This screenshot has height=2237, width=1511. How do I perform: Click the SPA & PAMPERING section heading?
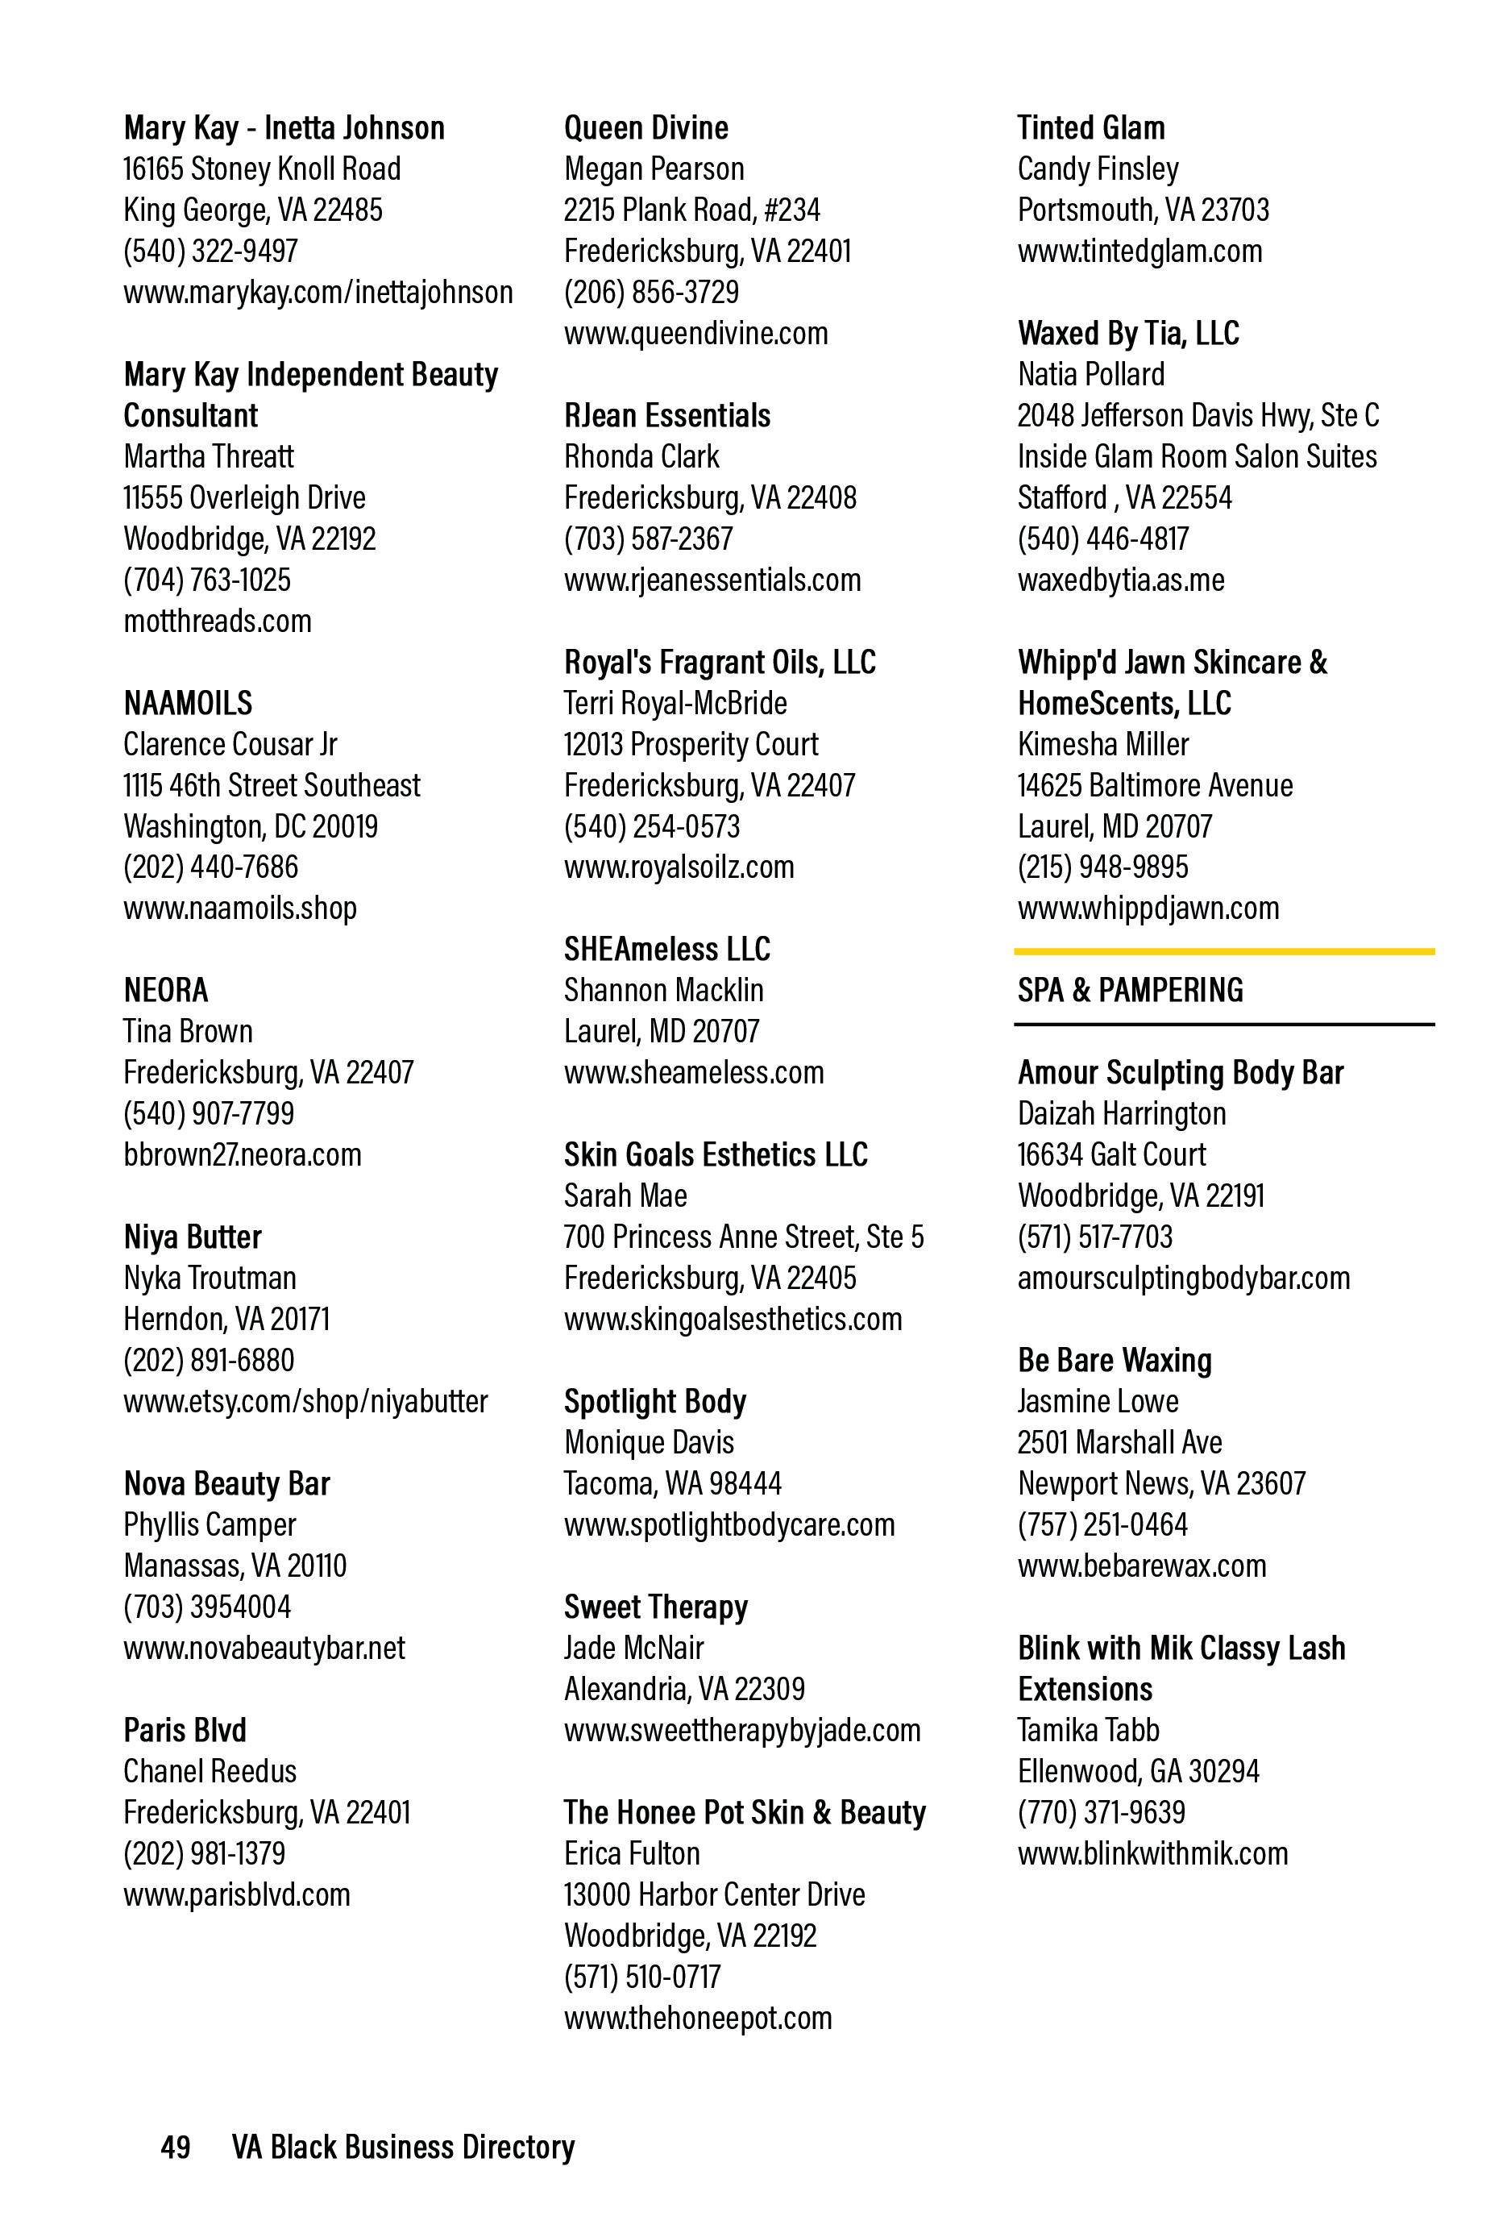[x=1130, y=991]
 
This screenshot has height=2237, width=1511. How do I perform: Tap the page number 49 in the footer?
[x=175, y=2147]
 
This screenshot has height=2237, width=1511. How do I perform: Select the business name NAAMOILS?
[x=188, y=704]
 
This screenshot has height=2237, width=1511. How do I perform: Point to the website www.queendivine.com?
[x=695, y=334]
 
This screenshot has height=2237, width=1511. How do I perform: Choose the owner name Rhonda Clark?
[x=641, y=457]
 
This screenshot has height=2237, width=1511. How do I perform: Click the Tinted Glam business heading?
[x=1090, y=128]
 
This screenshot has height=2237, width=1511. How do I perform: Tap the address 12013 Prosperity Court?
[x=690, y=745]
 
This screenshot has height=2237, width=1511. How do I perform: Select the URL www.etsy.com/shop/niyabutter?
[x=305, y=1402]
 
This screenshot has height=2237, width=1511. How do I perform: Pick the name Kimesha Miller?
[x=1103, y=745]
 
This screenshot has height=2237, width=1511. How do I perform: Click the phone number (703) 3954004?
[x=207, y=1607]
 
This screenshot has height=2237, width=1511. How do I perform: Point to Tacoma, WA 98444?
[x=672, y=1483]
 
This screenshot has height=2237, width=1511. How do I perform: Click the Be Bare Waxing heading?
[x=1115, y=1361]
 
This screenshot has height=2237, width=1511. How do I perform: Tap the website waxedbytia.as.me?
[x=1120, y=580]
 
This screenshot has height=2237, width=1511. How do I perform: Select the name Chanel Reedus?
[x=210, y=1771]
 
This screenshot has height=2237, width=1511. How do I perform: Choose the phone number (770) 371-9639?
[x=1101, y=1812]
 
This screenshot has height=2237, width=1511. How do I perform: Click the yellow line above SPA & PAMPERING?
[x=1223, y=952]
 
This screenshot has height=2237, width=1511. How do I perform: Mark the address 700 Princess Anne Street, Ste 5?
[x=743, y=1237]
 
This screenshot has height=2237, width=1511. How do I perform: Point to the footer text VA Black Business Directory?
[x=402, y=2147]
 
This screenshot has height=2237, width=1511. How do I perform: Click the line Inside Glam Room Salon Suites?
[x=1196, y=457]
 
